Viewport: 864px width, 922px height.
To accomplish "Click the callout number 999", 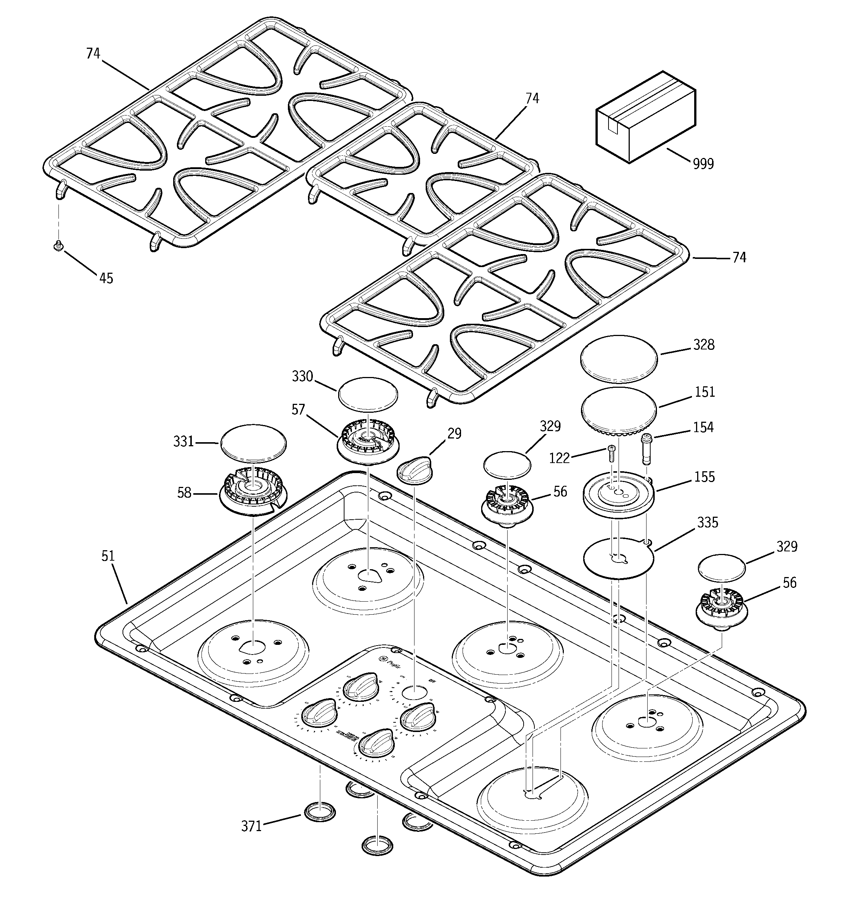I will pos(703,164).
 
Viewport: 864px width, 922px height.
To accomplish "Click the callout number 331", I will pos(183,441).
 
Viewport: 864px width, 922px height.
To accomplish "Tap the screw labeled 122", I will pos(610,453).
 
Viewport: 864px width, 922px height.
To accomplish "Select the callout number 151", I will pos(705,392).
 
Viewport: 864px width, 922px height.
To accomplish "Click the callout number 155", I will pos(705,477).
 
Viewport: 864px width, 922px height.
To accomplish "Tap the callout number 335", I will pos(707,522).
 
